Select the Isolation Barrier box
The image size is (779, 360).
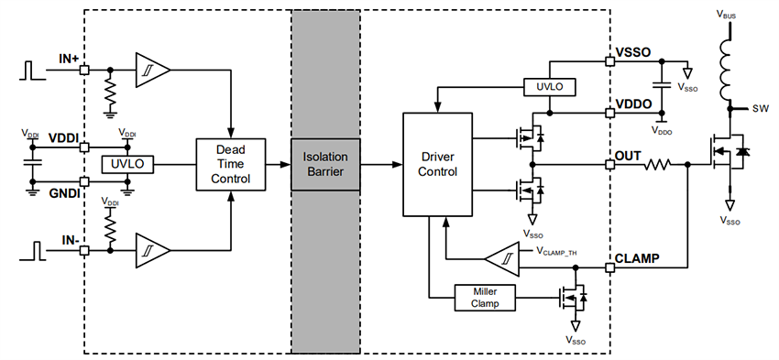click(325, 164)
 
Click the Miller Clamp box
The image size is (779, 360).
click(486, 297)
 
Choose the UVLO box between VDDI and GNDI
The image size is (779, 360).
click(129, 164)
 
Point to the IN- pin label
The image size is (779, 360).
click(69, 239)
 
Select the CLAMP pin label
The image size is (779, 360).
click(638, 258)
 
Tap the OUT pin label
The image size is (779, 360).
click(629, 156)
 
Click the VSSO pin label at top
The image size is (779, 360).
click(633, 53)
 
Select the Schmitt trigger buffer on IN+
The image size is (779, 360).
click(150, 70)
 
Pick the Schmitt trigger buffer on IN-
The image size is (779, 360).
click(150, 249)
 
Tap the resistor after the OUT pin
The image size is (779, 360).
click(658, 166)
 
